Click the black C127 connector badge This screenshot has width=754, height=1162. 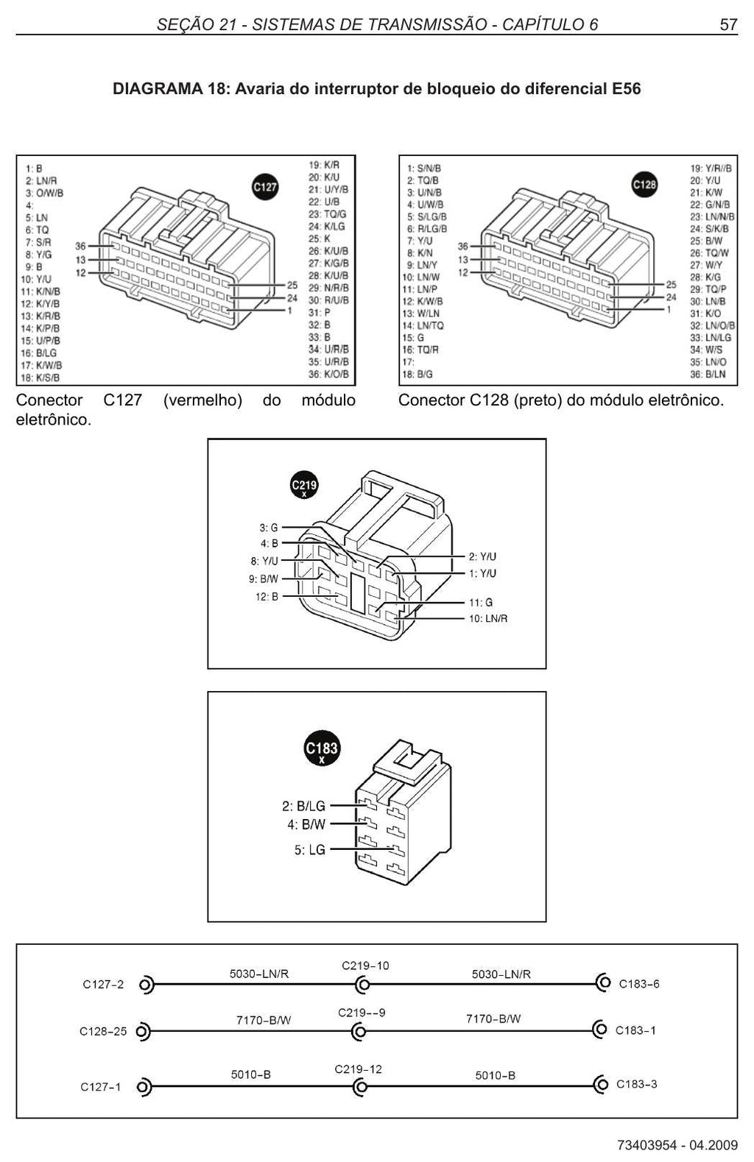(264, 186)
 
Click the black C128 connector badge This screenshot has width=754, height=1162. (644, 185)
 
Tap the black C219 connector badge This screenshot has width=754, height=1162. (304, 486)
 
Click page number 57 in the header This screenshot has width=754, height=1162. (728, 24)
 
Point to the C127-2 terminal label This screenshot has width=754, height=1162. (103, 985)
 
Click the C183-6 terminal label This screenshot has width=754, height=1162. (639, 984)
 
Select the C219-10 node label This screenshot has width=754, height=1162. (364, 966)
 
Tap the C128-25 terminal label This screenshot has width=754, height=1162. (103, 1031)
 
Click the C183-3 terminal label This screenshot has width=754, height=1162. (636, 1084)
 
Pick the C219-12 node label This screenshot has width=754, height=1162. (358, 1069)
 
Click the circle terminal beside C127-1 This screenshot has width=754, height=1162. (144, 1087)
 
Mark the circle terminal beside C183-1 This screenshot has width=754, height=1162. (600, 1030)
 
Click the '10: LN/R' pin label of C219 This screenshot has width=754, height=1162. (487, 618)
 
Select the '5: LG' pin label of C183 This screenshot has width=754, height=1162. (310, 850)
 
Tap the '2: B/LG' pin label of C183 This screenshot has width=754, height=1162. (303, 806)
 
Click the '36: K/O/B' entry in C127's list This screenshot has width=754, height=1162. (328, 374)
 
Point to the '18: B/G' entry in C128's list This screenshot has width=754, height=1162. (417, 374)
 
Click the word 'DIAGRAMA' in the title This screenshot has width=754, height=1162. (158, 89)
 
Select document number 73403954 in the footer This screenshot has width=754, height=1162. (647, 1145)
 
